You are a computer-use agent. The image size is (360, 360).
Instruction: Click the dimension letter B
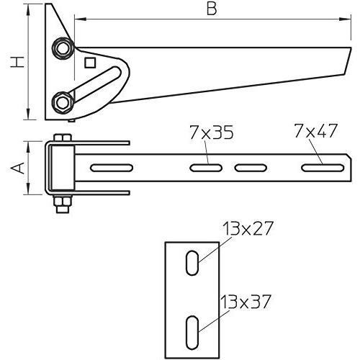210,9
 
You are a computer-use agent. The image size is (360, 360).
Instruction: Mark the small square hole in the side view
89,63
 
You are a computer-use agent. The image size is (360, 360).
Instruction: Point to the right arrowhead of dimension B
341,21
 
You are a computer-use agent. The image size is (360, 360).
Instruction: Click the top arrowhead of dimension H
28,9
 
